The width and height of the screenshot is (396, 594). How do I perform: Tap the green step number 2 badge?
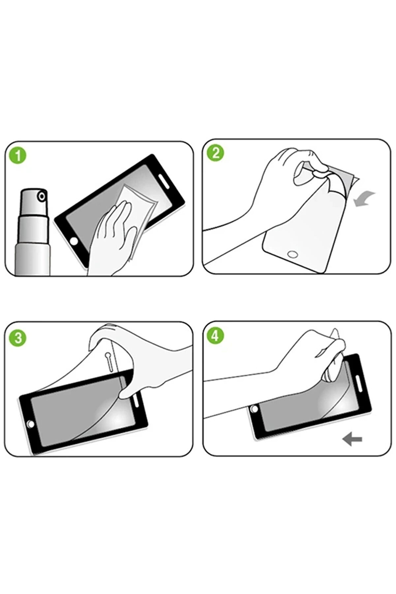216,153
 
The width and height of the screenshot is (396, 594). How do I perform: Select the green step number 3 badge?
18,338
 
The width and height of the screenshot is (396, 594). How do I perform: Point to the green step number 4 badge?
216,336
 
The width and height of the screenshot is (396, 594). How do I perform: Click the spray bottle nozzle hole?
42,197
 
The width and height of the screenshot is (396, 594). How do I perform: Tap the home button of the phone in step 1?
74,241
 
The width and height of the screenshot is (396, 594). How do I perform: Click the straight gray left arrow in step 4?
352,439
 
